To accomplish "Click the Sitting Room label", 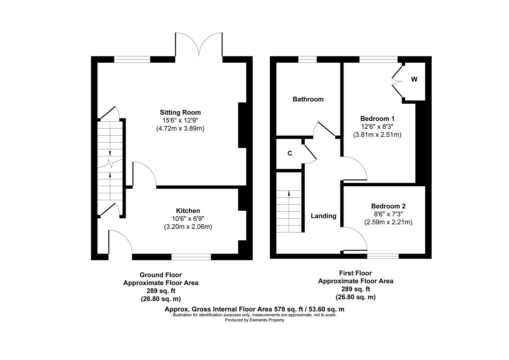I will pyautogui.click(x=180, y=112).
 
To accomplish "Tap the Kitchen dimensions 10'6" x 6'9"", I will pyautogui.click(x=188, y=219).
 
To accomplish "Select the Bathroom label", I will pyautogui.click(x=308, y=99).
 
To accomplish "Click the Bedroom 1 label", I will pyautogui.click(x=377, y=119).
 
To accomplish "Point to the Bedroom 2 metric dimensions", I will pyautogui.click(x=388, y=222).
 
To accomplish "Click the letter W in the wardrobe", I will pyautogui.click(x=414, y=79).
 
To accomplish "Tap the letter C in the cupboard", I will pyautogui.click(x=290, y=153).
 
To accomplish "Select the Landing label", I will pyautogui.click(x=323, y=216).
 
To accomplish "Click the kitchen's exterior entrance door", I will pyautogui.click(x=120, y=243).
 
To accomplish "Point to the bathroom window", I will pyautogui.click(x=307, y=59).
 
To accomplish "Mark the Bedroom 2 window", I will pyautogui.click(x=383, y=256).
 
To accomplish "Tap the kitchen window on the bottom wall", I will pyautogui.click(x=191, y=257).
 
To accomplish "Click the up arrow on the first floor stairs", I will pyautogui.click(x=289, y=193).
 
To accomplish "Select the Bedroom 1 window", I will pyautogui.click(x=378, y=59).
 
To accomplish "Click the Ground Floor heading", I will pyautogui.click(x=161, y=275).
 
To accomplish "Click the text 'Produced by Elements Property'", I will pyautogui.click(x=254, y=320).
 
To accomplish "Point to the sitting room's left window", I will pyautogui.click(x=132, y=59).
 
